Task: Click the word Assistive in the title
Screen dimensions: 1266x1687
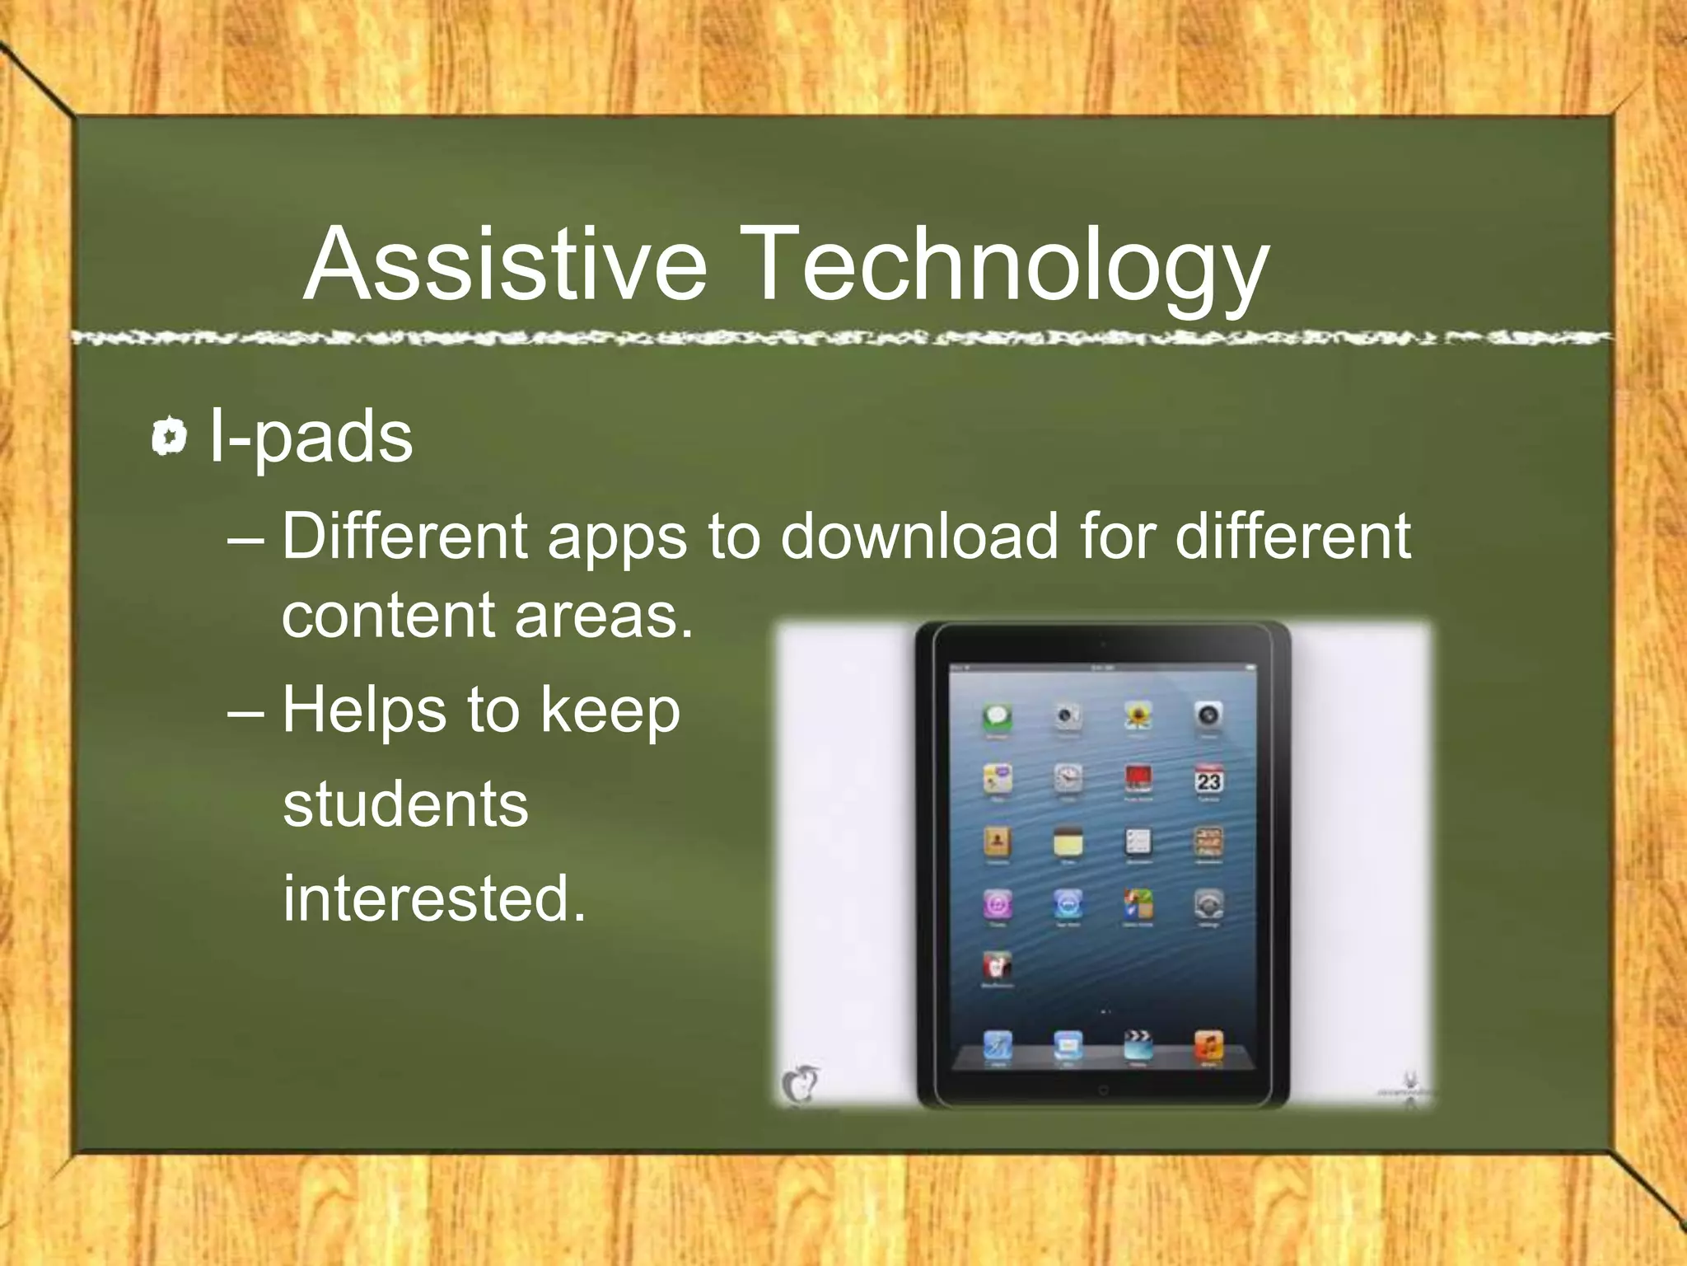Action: coord(505,265)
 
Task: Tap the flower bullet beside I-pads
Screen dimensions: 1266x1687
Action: coord(170,437)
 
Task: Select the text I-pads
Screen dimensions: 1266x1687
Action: coord(311,437)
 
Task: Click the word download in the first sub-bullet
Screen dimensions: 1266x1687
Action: coord(918,537)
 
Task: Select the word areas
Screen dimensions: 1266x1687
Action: coord(603,615)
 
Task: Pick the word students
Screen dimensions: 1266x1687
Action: coord(405,804)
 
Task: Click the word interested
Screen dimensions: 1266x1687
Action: coord(433,898)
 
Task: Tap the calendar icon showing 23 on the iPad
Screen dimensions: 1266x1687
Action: coord(1208,779)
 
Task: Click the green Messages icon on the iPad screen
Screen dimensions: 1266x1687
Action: coord(998,716)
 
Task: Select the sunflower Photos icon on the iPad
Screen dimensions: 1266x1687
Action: coord(1138,715)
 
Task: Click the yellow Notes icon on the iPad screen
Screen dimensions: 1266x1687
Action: coord(1068,842)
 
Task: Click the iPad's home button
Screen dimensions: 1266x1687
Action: coord(1103,1090)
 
